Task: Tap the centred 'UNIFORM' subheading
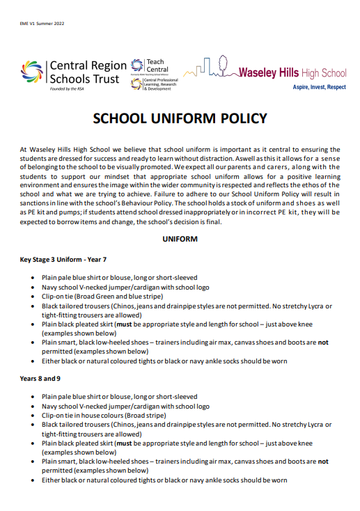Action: pos(180,239)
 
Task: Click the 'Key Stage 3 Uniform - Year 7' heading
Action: pos(63,259)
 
